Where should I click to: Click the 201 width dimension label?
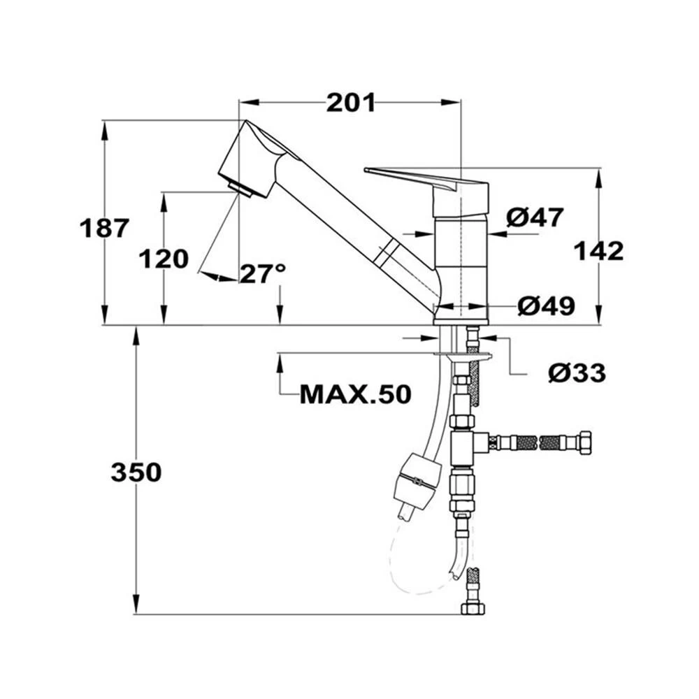pos(350,103)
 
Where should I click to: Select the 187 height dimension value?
pos(104,228)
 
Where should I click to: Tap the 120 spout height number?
pos(164,259)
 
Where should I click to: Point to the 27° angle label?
pos(263,273)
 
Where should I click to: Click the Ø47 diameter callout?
pos(535,218)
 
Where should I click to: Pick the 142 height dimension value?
pos(598,250)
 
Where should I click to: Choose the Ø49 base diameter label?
pos(546,305)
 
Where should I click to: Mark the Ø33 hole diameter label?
pos(577,373)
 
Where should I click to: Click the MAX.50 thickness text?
pos(355,395)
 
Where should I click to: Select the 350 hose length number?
pos(136,473)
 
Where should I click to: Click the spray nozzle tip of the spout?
pos(240,187)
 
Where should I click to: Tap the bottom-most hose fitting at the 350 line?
pos(473,607)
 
